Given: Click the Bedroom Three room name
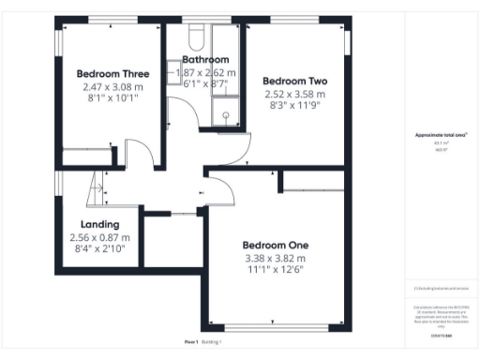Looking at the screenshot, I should (112, 73).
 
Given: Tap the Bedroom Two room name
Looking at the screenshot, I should (293, 81).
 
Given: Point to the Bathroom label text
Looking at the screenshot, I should (205, 59).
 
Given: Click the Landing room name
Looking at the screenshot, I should (99, 225).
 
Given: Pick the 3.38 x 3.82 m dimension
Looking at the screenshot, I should (275, 258).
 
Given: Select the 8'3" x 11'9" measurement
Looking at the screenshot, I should (293, 106).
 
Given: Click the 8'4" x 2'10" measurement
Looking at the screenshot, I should (99, 249).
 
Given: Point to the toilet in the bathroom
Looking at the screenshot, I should (196, 37).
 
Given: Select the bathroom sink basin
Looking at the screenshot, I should (174, 72).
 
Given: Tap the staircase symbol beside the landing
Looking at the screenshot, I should (94, 193).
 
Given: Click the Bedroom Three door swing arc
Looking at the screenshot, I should (139, 153).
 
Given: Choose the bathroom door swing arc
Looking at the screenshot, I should (184, 112).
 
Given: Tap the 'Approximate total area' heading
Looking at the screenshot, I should (440, 135).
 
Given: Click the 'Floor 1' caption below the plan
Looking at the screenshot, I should (190, 342).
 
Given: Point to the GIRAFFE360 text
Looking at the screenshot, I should (441, 334).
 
